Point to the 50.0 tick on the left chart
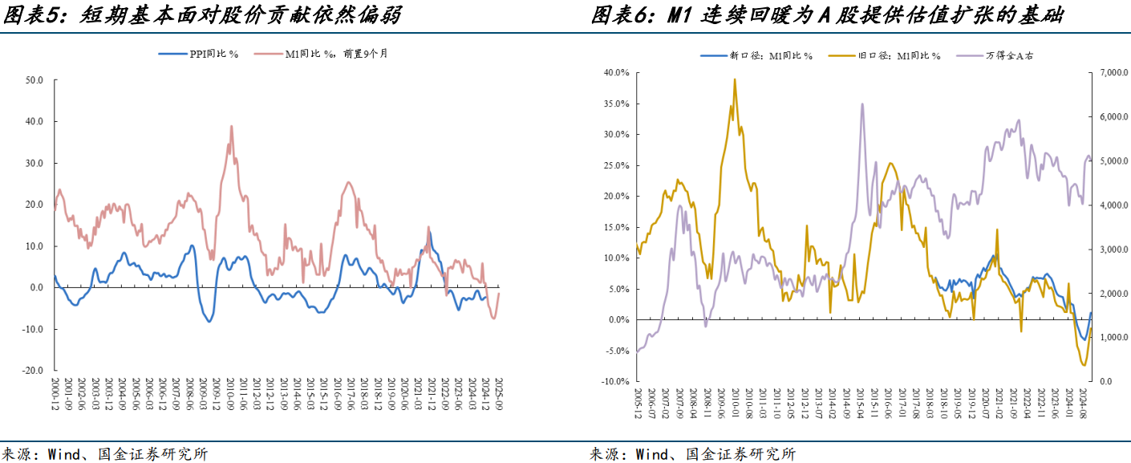click(34, 80)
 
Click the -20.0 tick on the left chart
click(33, 371)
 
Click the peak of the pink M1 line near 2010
click(231, 126)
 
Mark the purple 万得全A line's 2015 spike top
click(862, 104)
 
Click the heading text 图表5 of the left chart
click(29, 15)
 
